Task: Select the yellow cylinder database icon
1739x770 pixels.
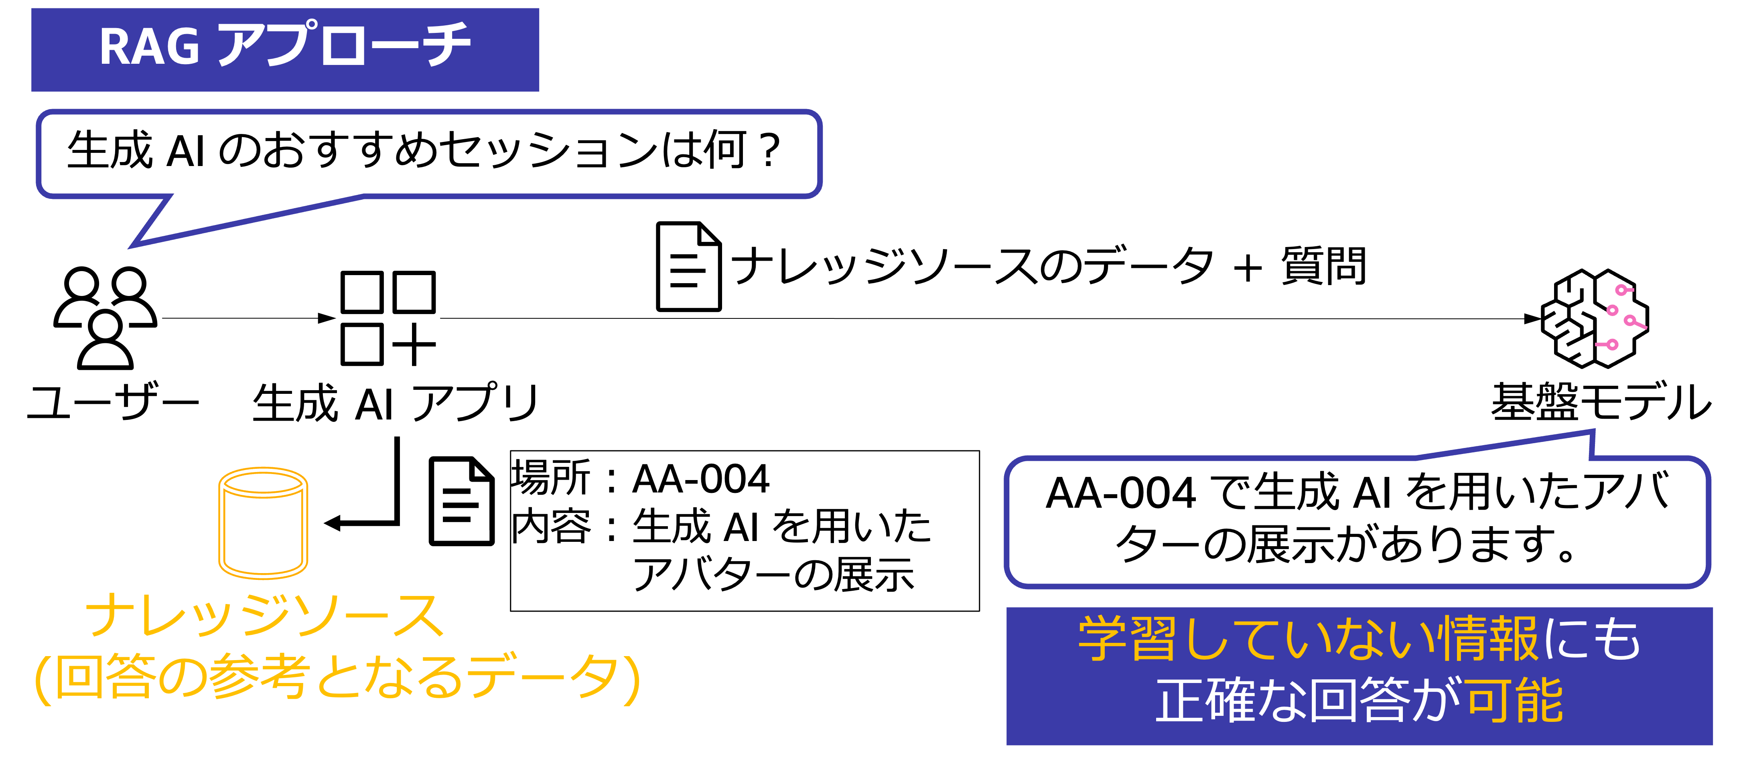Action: (x=263, y=523)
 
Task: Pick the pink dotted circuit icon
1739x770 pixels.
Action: (x=1620, y=317)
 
